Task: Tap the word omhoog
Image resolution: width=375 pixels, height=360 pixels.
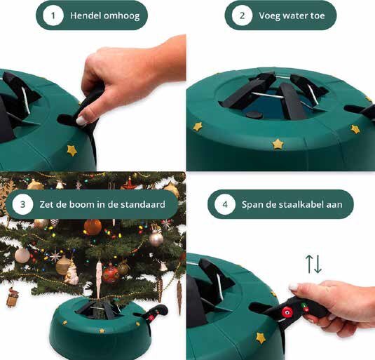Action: point(125,15)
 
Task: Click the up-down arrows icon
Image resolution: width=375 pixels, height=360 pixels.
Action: point(313,264)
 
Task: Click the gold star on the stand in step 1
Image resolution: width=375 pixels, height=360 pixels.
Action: point(71,150)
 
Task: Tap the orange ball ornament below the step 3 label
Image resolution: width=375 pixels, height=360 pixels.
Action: point(93,227)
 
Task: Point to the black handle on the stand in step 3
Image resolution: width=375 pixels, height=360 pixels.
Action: point(155,314)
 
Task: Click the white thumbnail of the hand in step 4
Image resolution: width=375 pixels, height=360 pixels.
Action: point(293,288)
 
